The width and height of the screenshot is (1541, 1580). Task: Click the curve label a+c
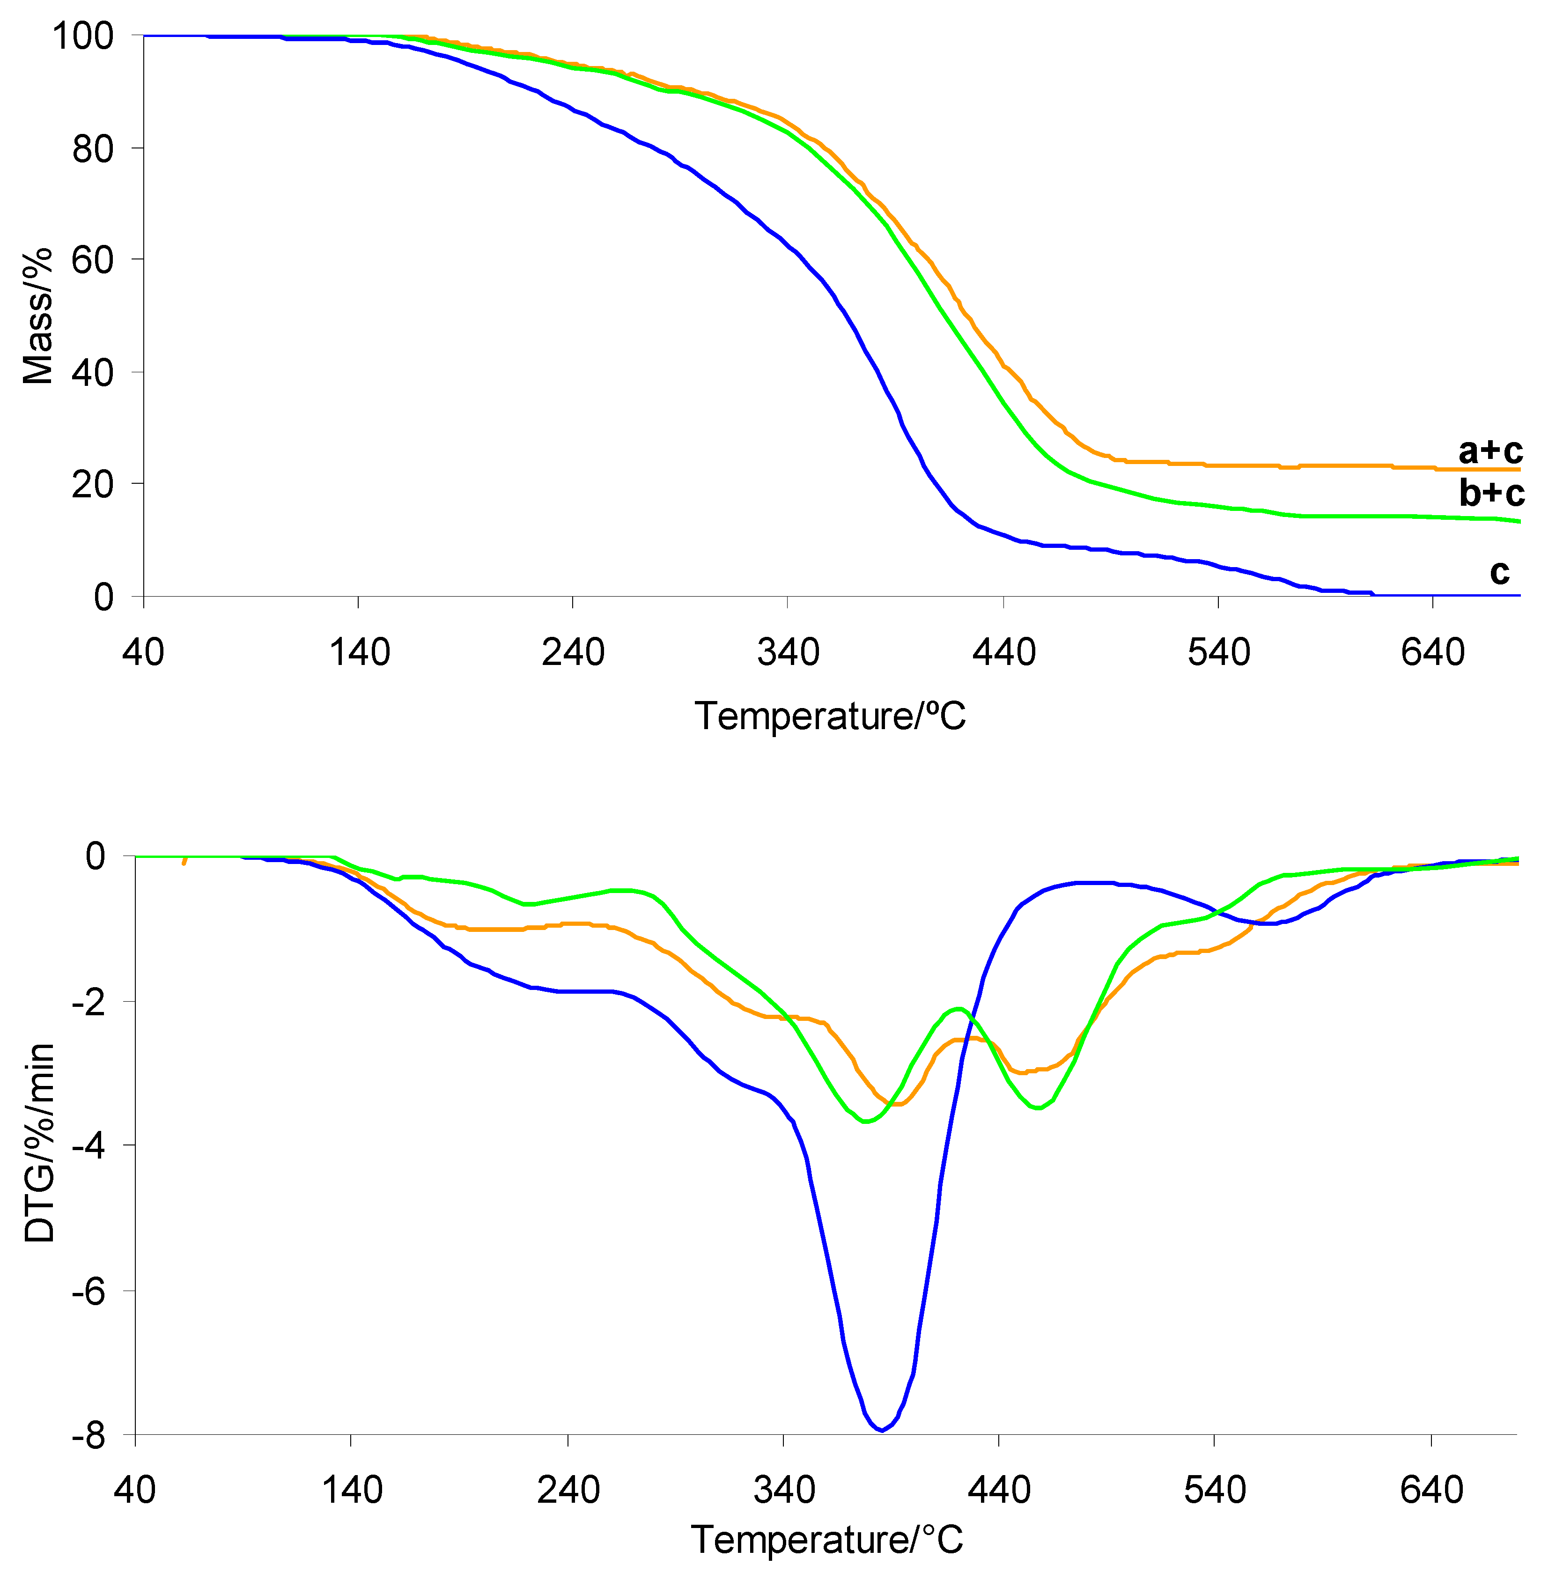tap(1490, 451)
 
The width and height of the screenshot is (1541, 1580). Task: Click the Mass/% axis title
tap(37, 316)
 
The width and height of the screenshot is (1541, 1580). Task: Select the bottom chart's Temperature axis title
tap(827, 1540)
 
